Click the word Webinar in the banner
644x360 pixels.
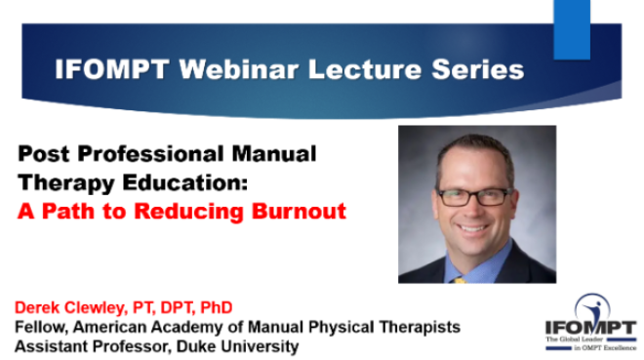239,69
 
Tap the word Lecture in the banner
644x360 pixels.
365,69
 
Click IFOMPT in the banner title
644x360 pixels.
112,69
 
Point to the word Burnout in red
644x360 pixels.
299,211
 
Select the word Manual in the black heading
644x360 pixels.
274,154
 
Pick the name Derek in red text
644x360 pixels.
37,307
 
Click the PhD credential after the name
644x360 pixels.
217,307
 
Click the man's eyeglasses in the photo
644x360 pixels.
475,197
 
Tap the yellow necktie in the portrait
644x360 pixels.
460,280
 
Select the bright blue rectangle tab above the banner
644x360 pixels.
572,29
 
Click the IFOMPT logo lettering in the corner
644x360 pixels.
590,328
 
